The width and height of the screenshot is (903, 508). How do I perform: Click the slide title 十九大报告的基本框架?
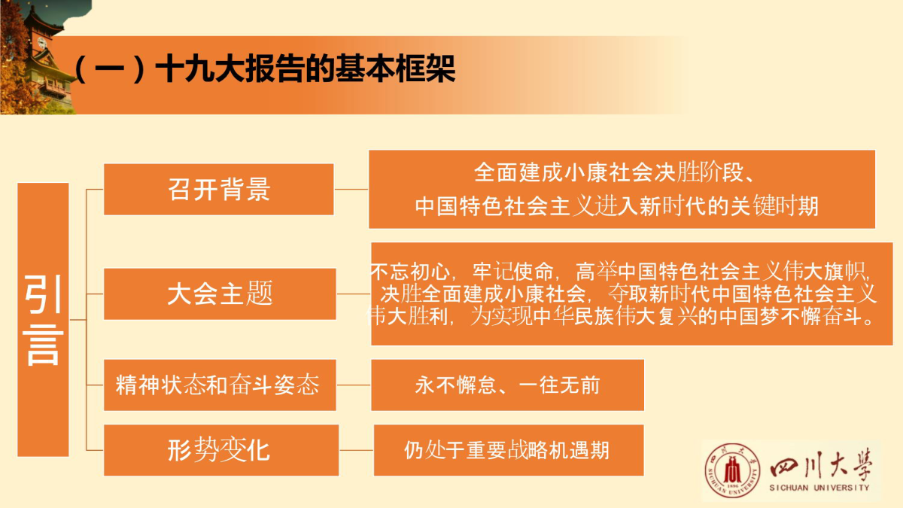click(x=306, y=68)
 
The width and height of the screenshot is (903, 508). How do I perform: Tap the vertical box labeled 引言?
click(x=43, y=320)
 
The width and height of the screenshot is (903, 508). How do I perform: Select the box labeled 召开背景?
click(x=219, y=189)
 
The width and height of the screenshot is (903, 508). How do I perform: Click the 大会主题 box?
click(x=220, y=294)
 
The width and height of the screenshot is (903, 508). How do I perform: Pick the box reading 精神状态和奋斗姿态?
click(x=220, y=385)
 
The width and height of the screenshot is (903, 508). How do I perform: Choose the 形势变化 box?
click(x=221, y=450)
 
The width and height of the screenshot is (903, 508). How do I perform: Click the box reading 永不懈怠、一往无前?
click(x=507, y=385)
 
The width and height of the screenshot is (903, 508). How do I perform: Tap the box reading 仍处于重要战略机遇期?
click(x=509, y=450)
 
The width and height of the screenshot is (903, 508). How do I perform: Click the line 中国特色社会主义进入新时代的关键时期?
click(x=617, y=206)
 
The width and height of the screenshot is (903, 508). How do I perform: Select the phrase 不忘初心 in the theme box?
click(x=409, y=272)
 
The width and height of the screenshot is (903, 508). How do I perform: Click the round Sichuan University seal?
click(x=732, y=470)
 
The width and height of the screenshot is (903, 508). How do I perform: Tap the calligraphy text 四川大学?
click(x=821, y=466)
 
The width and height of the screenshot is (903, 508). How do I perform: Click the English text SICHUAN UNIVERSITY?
click(x=819, y=488)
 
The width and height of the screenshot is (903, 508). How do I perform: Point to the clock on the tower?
click(x=42, y=43)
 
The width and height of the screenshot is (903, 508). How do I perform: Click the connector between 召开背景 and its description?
click(x=351, y=189)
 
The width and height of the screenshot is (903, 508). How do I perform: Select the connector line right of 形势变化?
click(x=357, y=450)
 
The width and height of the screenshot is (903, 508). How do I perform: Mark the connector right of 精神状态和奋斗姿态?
click(x=354, y=385)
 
